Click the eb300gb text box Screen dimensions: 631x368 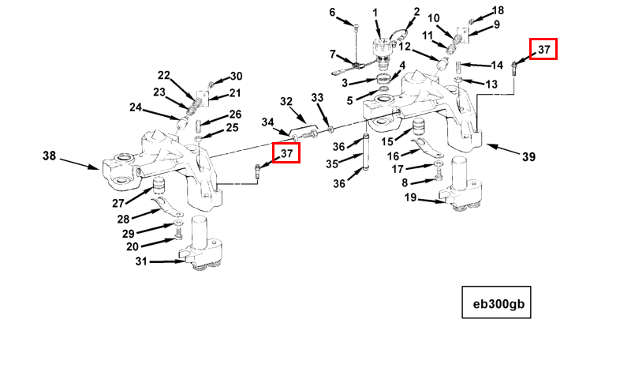click(496, 302)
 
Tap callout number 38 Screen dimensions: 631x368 click(49, 156)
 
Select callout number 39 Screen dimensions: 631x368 click(528, 157)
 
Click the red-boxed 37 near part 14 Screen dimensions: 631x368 click(543, 49)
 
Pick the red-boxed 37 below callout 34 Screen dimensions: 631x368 click(286, 153)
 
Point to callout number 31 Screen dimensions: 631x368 click(141, 261)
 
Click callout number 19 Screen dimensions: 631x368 click(410, 197)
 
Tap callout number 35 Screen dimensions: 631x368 click(332, 164)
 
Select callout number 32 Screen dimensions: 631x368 click(286, 101)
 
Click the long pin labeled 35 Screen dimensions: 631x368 click(366, 152)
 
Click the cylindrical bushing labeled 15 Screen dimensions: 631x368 click(420, 128)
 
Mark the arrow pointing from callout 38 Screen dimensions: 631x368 click(80, 163)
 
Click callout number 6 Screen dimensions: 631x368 click(332, 13)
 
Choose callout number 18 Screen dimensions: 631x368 click(498, 10)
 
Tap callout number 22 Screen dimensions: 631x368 click(164, 75)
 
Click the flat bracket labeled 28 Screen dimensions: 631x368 click(167, 206)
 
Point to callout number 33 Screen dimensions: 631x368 click(317, 98)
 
